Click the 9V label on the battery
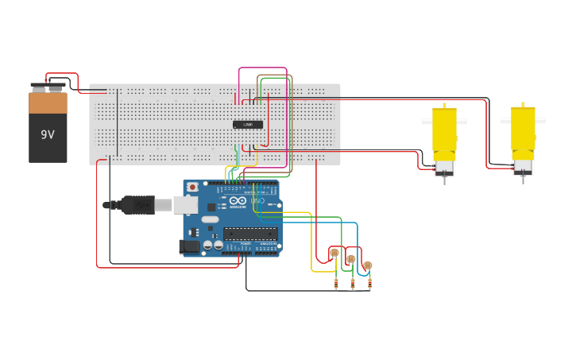(48, 134)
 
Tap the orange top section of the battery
(48, 103)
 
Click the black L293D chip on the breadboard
(248, 125)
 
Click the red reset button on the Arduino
(192, 188)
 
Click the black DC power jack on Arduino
(189, 247)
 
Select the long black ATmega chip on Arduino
(250, 234)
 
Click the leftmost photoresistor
(334, 253)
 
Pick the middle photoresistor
(351, 258)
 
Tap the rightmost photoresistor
(367, 265)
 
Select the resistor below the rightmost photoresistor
(369, 281)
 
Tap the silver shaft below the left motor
(444, 180)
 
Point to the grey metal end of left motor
(444, 168)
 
